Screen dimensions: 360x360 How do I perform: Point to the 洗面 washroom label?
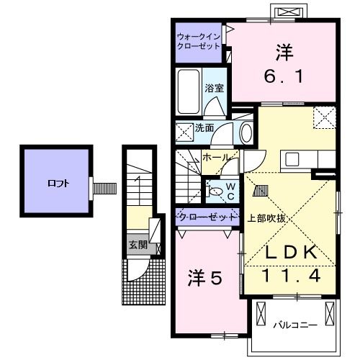tap(204, 128)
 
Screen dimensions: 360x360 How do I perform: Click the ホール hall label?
tap(216, 157)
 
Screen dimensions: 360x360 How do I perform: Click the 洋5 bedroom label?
tap(204, 276)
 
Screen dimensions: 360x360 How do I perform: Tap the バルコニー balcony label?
tap(294, 325)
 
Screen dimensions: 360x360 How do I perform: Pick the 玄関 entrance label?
tap(138, 245)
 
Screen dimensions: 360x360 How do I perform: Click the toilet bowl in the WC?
tap(215, 192)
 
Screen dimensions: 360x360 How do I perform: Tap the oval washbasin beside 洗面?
tap(246, 132)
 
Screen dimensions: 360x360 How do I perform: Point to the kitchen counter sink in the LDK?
tap(294, 159)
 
